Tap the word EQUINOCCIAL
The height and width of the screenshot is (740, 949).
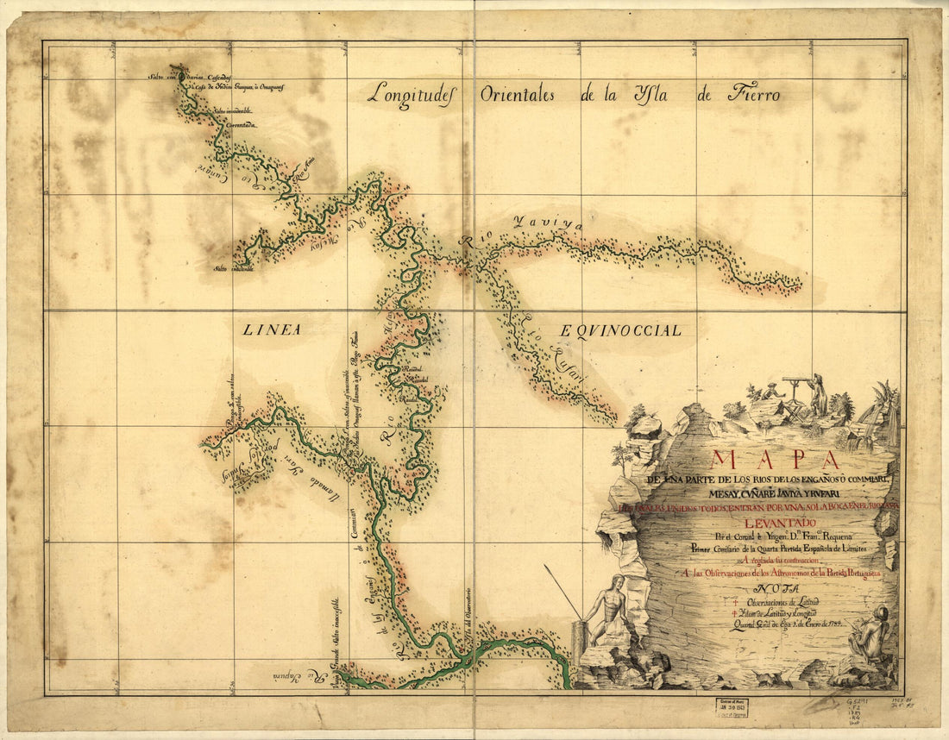619,329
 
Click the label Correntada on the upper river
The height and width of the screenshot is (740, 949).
242,126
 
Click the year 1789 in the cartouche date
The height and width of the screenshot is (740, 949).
832,622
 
